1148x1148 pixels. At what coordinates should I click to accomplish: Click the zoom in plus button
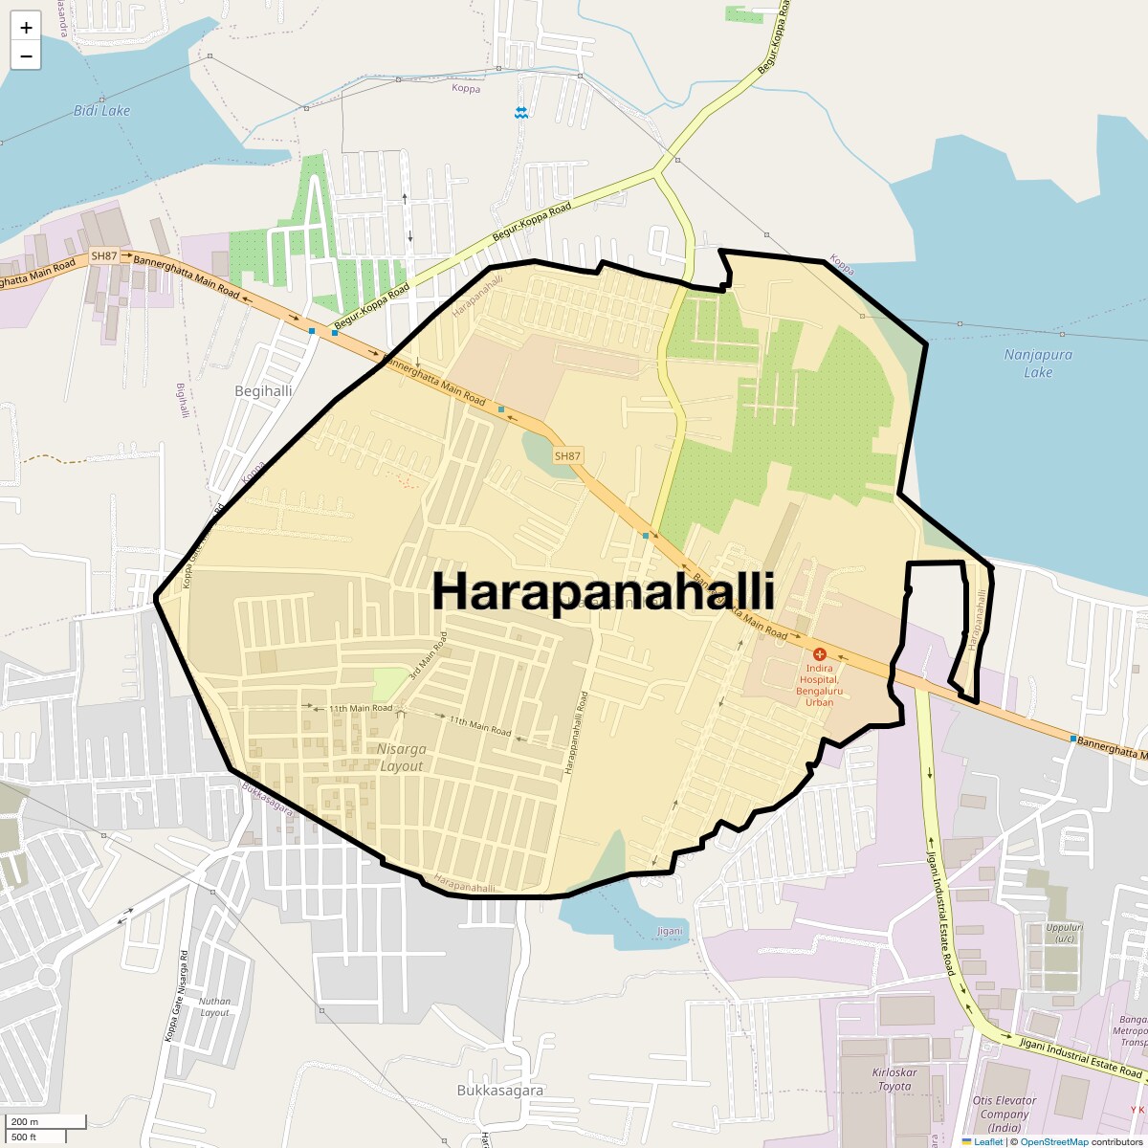point(26,28)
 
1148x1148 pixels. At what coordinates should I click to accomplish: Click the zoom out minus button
point(26,55)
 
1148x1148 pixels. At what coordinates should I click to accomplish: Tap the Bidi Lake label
point(101,111)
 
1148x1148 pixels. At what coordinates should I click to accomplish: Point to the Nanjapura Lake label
point(1038,363)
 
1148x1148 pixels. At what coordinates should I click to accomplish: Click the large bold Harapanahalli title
point(603,590)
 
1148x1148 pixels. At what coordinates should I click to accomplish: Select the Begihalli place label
point(263,391)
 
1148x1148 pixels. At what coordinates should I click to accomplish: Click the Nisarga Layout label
point(402,758)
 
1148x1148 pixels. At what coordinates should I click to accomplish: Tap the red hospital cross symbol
point(820,654)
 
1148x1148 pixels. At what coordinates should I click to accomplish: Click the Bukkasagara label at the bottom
point(499,1091)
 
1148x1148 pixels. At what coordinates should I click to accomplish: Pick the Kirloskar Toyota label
point(894,1079)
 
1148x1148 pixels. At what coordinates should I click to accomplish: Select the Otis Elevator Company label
point(1004,1114)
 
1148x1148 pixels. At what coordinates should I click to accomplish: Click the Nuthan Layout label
point(214,1007)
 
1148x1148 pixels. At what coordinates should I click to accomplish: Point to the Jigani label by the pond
point(670,931)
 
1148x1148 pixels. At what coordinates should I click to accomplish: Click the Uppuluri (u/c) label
point(1064,933)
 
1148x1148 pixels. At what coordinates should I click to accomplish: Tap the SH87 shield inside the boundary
point(567,456)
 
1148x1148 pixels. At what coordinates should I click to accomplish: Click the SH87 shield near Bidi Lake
point(103,256)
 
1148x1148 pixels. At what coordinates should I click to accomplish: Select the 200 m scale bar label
point(26,1121)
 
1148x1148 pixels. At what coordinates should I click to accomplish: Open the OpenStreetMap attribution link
point(1053,1142)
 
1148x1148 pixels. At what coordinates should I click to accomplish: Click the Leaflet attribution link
point(987,1142)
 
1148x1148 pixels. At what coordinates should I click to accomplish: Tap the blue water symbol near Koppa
point(520,113)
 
